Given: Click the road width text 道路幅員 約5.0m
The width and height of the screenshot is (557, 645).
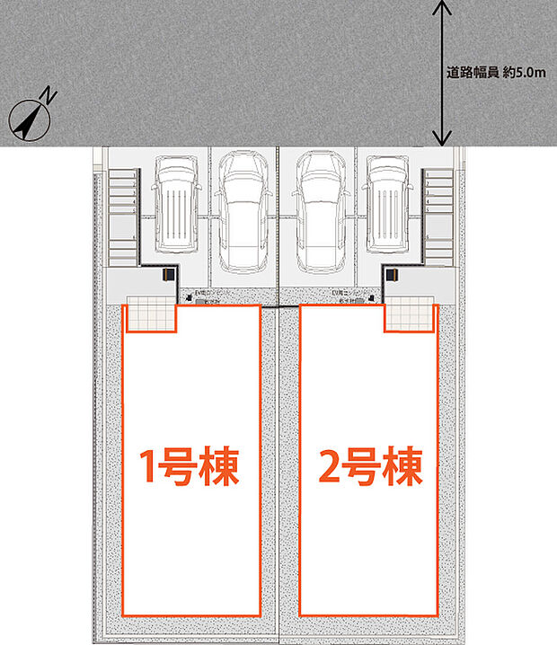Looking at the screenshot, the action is coord(496,73).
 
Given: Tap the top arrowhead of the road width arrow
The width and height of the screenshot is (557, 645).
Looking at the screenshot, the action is coord(440,7).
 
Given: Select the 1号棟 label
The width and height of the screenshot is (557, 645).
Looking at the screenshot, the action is coord(191,467).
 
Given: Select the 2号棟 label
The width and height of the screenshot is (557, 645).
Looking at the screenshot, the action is coord(369,467).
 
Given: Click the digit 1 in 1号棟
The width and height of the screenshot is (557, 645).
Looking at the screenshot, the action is coord(150,467).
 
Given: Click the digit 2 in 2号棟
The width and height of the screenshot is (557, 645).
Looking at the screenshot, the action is coord(329,467).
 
